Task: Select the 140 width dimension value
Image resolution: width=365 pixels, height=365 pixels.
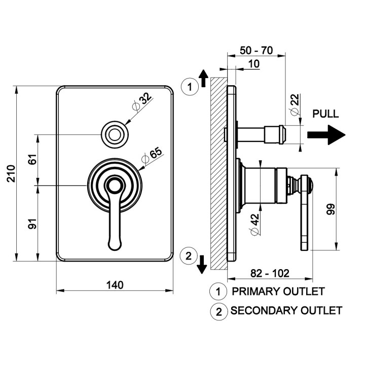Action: tap(115, 285)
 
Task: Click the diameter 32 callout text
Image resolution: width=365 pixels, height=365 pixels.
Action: tap(143, 101)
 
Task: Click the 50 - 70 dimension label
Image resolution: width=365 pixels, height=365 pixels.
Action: tap(256, 51)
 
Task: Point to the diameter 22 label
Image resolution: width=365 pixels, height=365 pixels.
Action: tap(295, 103)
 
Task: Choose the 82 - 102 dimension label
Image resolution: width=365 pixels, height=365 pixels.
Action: tap(270, 273)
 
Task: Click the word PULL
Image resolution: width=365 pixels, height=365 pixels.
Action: tap(325, 114)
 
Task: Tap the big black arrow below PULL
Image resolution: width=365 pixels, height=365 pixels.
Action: tap(327, 135)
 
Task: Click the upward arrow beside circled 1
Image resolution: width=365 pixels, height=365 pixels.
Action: tap(203, 78)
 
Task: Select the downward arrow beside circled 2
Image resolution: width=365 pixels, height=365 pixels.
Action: tap(202, 263)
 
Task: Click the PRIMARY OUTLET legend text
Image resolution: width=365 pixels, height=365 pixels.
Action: tap(278, 291)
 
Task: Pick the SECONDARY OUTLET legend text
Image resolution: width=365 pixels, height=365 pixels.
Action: tap(286, 310)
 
